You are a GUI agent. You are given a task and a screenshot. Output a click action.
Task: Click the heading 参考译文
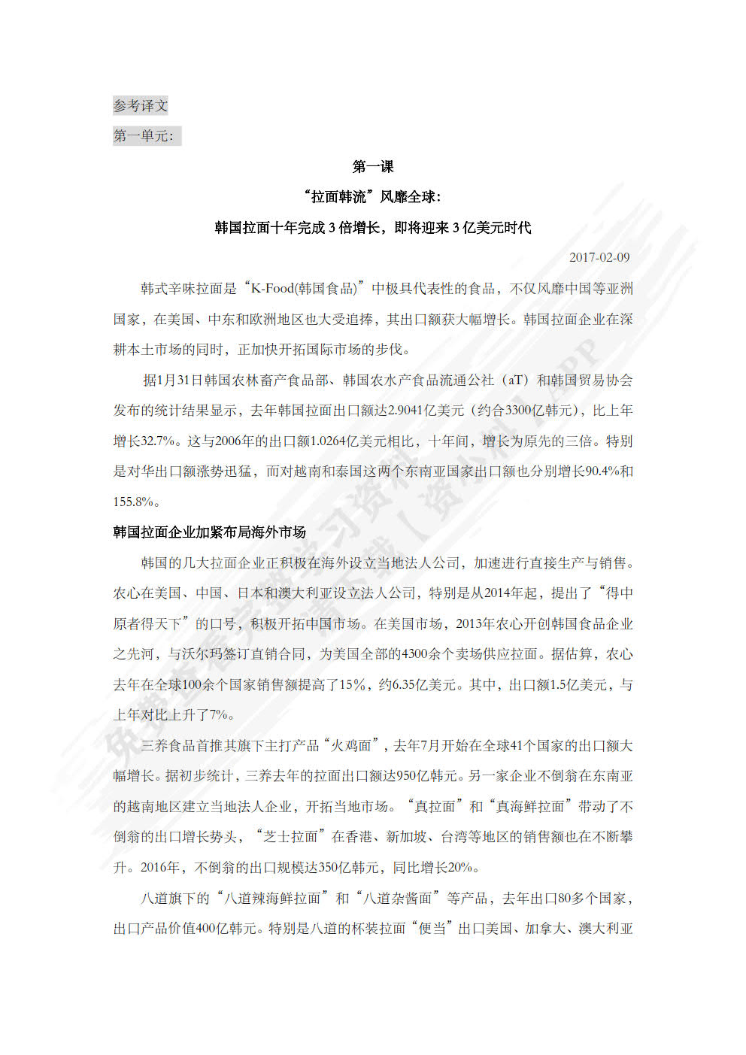[141, 106]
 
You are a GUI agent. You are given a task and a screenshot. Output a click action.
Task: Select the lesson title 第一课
[373, 167]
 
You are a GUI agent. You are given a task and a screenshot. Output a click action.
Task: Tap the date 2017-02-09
[599, 257]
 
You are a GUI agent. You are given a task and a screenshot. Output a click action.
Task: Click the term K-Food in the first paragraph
[272, 289]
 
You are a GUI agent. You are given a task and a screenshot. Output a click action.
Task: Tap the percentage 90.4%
[602, 471]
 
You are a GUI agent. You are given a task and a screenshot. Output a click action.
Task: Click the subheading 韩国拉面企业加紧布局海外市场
[210, 532]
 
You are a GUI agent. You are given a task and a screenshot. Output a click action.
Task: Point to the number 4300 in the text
[415, 654]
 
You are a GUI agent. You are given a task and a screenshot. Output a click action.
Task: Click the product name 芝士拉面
[290, 837]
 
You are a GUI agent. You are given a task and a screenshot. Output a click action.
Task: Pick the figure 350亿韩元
[348, 868]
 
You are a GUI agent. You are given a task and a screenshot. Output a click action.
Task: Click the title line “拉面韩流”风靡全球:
[373, 197]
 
